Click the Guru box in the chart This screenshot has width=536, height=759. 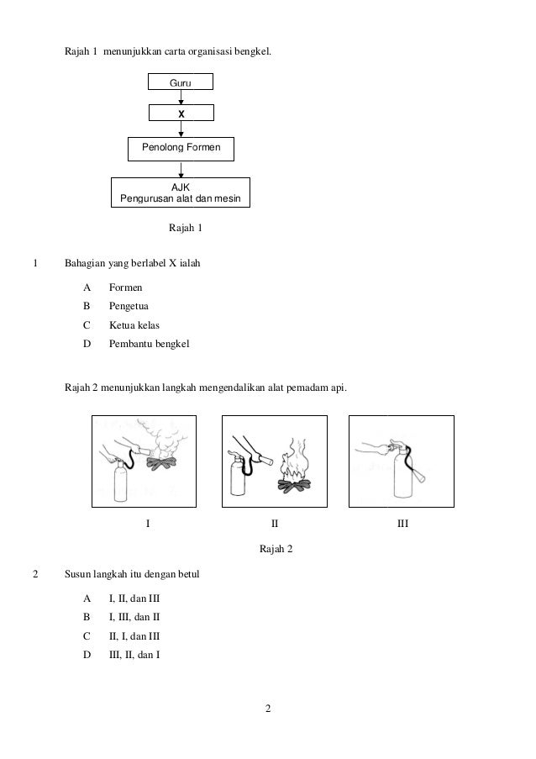181,82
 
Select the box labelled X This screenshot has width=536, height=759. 181,113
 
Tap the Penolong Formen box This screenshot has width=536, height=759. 181,148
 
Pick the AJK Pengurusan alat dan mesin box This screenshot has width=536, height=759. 181,192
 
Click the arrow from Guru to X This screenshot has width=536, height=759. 181,97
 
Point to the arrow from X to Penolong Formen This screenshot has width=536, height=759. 181,128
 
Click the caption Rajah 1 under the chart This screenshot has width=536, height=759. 186,228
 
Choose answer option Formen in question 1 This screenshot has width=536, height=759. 125,287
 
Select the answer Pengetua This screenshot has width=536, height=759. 129,306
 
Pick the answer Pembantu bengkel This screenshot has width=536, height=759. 144,344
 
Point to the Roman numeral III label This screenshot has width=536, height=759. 402,524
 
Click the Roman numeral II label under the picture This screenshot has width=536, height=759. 274,524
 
